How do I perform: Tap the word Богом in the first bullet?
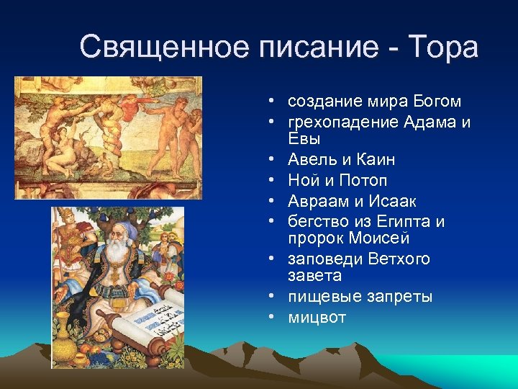434,102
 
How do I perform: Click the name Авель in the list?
311,159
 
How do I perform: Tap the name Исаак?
391,201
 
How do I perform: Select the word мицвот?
317,318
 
